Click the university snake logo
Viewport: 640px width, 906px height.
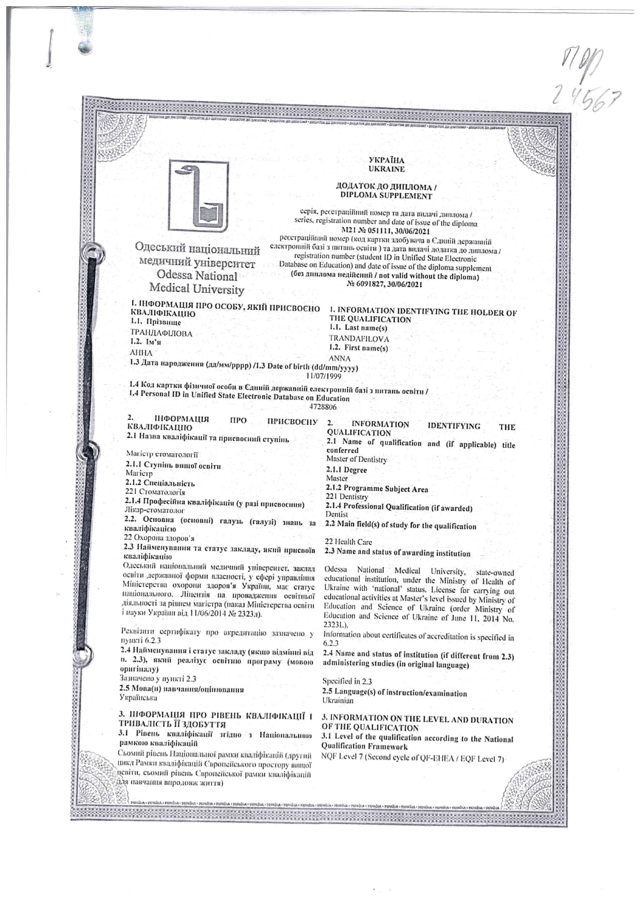(199, 196)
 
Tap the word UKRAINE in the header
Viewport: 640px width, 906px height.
(386, 169)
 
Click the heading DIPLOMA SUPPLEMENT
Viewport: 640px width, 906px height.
(386, 196)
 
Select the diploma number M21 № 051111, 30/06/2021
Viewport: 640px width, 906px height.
(386, 231)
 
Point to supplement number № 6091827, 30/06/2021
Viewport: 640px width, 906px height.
(385, 284)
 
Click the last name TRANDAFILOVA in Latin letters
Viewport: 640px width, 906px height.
(359, 339)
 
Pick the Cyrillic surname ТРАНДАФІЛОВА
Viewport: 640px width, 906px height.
(161, 334)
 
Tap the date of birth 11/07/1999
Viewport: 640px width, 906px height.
(324, 376)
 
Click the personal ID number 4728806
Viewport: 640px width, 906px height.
(323, 407)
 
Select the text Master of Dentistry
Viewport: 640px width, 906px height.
(356, 459)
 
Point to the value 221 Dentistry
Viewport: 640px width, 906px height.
(346, 497)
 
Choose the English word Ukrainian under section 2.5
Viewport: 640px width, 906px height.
(338, 701)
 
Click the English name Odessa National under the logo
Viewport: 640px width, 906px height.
(197, 276)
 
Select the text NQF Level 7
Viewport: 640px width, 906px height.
(342, 757)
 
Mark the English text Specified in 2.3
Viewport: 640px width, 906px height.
(347, 681)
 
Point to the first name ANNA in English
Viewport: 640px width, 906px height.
(339, 358)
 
